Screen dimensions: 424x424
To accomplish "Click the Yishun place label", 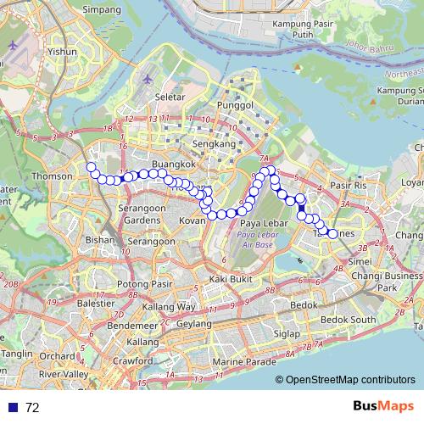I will tap(62, 51).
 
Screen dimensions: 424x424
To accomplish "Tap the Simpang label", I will tap(102, 9).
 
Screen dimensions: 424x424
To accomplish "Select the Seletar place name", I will tap(170, 97).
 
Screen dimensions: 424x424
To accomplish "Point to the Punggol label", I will tap(237, 104).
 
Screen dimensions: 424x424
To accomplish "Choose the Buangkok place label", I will tap(167, 162).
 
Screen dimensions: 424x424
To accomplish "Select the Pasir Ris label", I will tap(348, 184).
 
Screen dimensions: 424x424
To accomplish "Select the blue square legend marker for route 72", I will tap(13, 407).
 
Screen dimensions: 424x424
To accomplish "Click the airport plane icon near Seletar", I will tap(149, 79).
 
